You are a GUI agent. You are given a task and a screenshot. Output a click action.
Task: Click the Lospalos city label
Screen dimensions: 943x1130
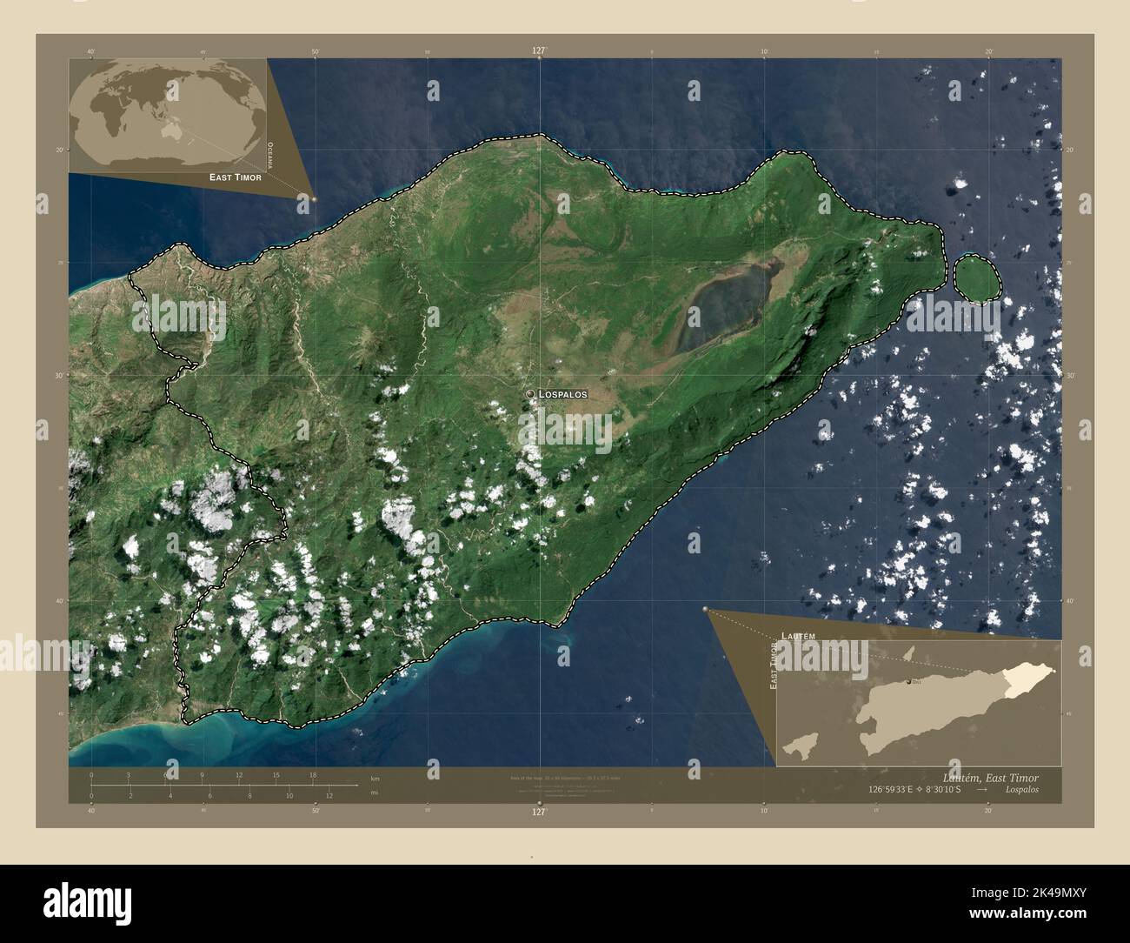[563, 394]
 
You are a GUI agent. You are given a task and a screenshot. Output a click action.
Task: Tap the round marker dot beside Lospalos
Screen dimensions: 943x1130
[529, 394]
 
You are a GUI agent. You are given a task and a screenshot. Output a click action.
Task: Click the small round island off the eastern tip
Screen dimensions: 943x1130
[978, 278]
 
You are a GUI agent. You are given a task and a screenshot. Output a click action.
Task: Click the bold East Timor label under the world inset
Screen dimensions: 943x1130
[235, 177]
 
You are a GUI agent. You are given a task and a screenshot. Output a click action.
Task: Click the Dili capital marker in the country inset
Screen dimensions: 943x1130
[910, 681]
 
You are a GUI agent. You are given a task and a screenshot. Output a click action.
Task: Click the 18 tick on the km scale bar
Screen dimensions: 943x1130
[312, 774]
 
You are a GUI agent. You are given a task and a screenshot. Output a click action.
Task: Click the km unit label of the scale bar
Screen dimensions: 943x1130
[376, 778]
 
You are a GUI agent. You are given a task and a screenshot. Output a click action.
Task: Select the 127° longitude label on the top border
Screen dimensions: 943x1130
[539, 51]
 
